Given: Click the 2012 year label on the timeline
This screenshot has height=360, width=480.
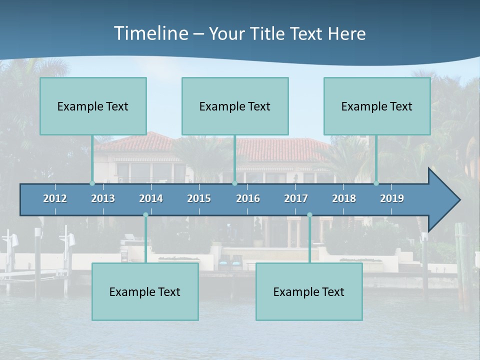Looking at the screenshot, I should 55,198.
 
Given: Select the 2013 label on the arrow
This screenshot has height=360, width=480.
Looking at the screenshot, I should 103,198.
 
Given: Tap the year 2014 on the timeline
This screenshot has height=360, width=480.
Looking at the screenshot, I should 151,198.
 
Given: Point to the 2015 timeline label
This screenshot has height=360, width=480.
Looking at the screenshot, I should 199,198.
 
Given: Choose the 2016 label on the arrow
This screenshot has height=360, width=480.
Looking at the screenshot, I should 248,198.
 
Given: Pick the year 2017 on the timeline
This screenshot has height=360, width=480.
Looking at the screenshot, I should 296,198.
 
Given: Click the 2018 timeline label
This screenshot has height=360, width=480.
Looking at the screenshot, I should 344,198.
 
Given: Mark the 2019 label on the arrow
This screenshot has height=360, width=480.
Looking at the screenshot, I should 392,198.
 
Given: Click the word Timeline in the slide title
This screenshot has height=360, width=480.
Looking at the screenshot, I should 150,33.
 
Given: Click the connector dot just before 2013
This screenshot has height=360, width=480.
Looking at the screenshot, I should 92,183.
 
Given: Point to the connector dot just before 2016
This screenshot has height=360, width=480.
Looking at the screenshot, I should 234,183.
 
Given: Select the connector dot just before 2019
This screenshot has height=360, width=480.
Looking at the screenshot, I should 376,183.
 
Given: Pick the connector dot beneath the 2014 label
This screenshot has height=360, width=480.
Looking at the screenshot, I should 145,214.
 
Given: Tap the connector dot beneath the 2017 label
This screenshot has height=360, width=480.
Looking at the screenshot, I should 309,214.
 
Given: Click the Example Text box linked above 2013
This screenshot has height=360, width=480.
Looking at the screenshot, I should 93,106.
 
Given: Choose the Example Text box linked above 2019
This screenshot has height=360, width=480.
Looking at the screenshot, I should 377,106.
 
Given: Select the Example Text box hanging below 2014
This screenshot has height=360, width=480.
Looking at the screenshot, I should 145,291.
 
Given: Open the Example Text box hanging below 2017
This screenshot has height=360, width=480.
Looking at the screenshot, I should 309,291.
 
